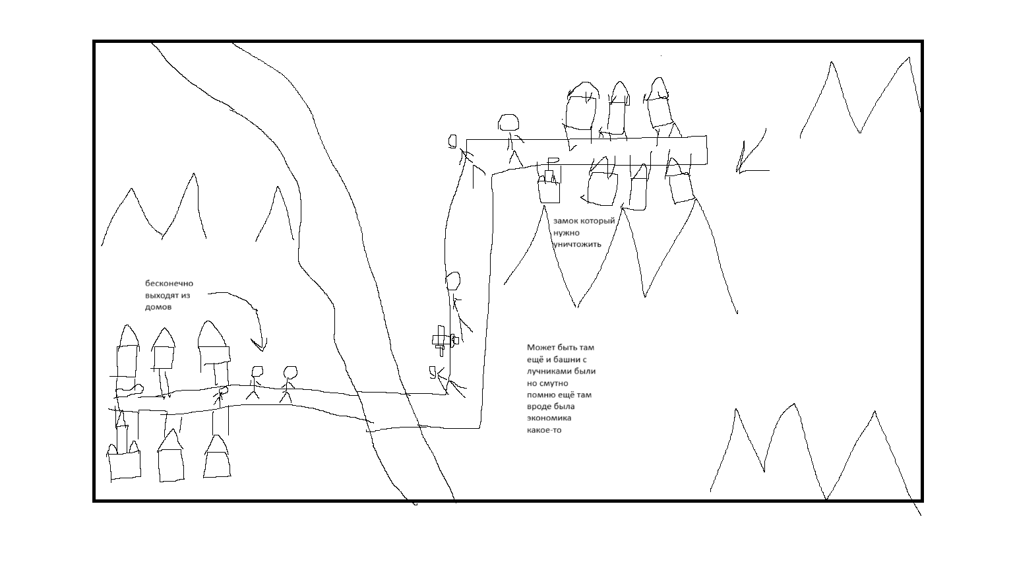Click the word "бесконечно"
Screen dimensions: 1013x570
click(x=169, y=284)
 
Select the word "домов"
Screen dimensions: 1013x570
click(x=158, y=307)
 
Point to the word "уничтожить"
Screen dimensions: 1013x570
click(x=578, y=245)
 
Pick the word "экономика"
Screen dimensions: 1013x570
click(x=549, y=418)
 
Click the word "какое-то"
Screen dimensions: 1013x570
click(x=544, y=430)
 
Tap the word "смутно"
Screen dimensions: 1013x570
click(x=553, y=383)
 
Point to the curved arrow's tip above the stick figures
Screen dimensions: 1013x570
click(x=261, y=349)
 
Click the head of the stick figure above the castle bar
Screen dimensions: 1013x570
click(x=508, y=123)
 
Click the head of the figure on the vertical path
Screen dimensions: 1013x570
click(x=453, y=281)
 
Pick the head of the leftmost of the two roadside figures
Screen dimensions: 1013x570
click(x=257, y=372)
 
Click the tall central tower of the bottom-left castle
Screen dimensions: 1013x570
click(x=121, y=432)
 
